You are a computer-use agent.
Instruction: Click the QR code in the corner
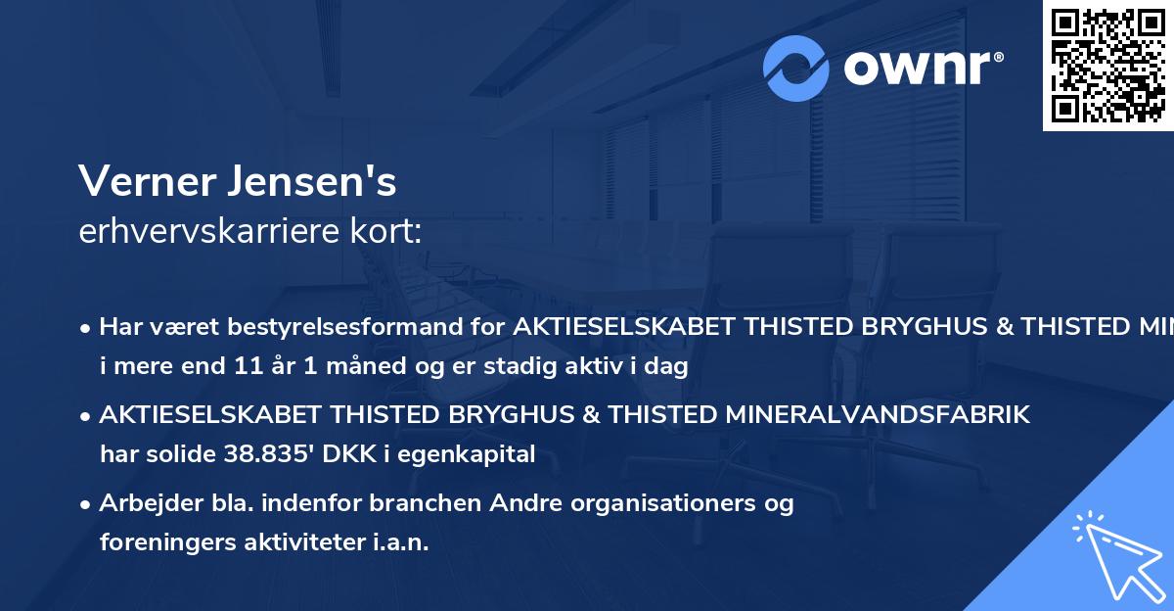pyautogui.click(x=1107, y=66)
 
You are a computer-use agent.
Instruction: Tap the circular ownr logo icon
pyautogui.click(x=796, y=68)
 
